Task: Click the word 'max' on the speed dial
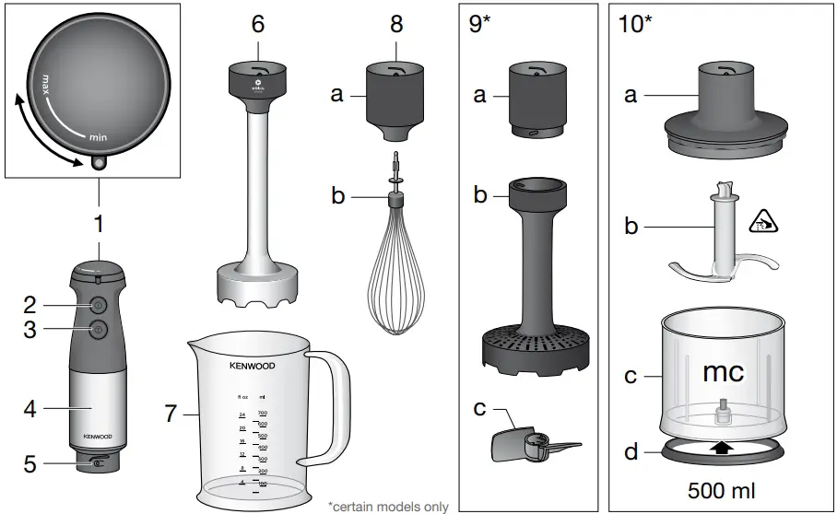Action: [x=41, y=87]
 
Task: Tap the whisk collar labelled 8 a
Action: [x=395, y=96]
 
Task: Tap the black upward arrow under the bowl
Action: [x=724, y=449]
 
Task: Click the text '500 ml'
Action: [x=724, y=488]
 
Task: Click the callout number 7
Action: [x=170, y=414]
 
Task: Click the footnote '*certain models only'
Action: [x=388, y=506]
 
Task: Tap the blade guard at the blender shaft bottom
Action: [x=257, y=285]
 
